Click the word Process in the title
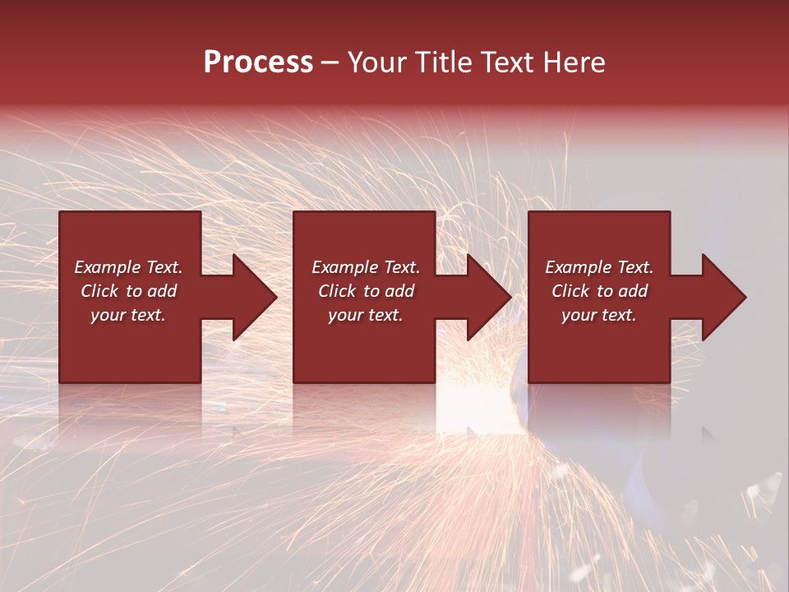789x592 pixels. [258, 62]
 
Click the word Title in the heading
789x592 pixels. [439, 62]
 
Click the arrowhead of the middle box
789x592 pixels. [487, 297]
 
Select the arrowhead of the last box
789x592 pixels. [722, 297]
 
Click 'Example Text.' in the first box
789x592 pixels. [129, 267]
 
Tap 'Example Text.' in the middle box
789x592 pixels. [366, 267]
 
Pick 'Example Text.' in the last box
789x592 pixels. [599, 267]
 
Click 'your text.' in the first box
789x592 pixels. [128, 315]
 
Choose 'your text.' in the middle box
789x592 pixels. [365, 315]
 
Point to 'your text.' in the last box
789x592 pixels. [598, 315]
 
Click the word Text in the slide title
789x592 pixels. [504, 62]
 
